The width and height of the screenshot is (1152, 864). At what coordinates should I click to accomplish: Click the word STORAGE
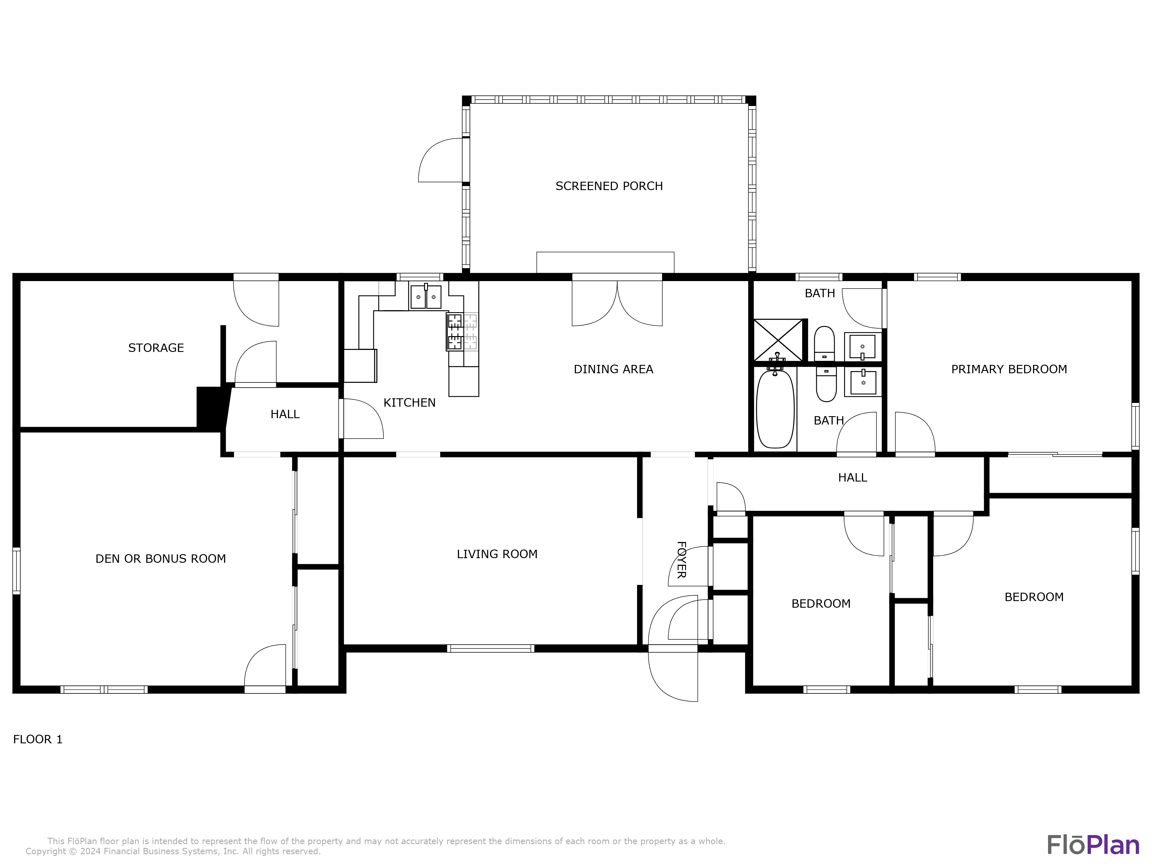tap(156, 348)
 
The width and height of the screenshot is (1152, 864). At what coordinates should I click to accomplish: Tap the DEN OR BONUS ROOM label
tap(160, 559)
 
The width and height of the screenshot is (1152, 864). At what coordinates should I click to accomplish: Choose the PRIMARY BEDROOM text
tap(1009, 369)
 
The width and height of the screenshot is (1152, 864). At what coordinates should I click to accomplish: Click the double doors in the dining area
tap(617, 303)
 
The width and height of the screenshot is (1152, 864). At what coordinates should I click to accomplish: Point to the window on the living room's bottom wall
tap(490, 648)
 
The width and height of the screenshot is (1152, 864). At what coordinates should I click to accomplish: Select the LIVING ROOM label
tap(497, 554)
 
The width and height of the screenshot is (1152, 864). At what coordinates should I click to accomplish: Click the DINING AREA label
tap(613, 369)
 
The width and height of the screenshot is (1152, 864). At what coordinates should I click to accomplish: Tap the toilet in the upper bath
tap(824, 344)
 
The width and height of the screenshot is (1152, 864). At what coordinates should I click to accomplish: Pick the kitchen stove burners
tap(455, 331)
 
